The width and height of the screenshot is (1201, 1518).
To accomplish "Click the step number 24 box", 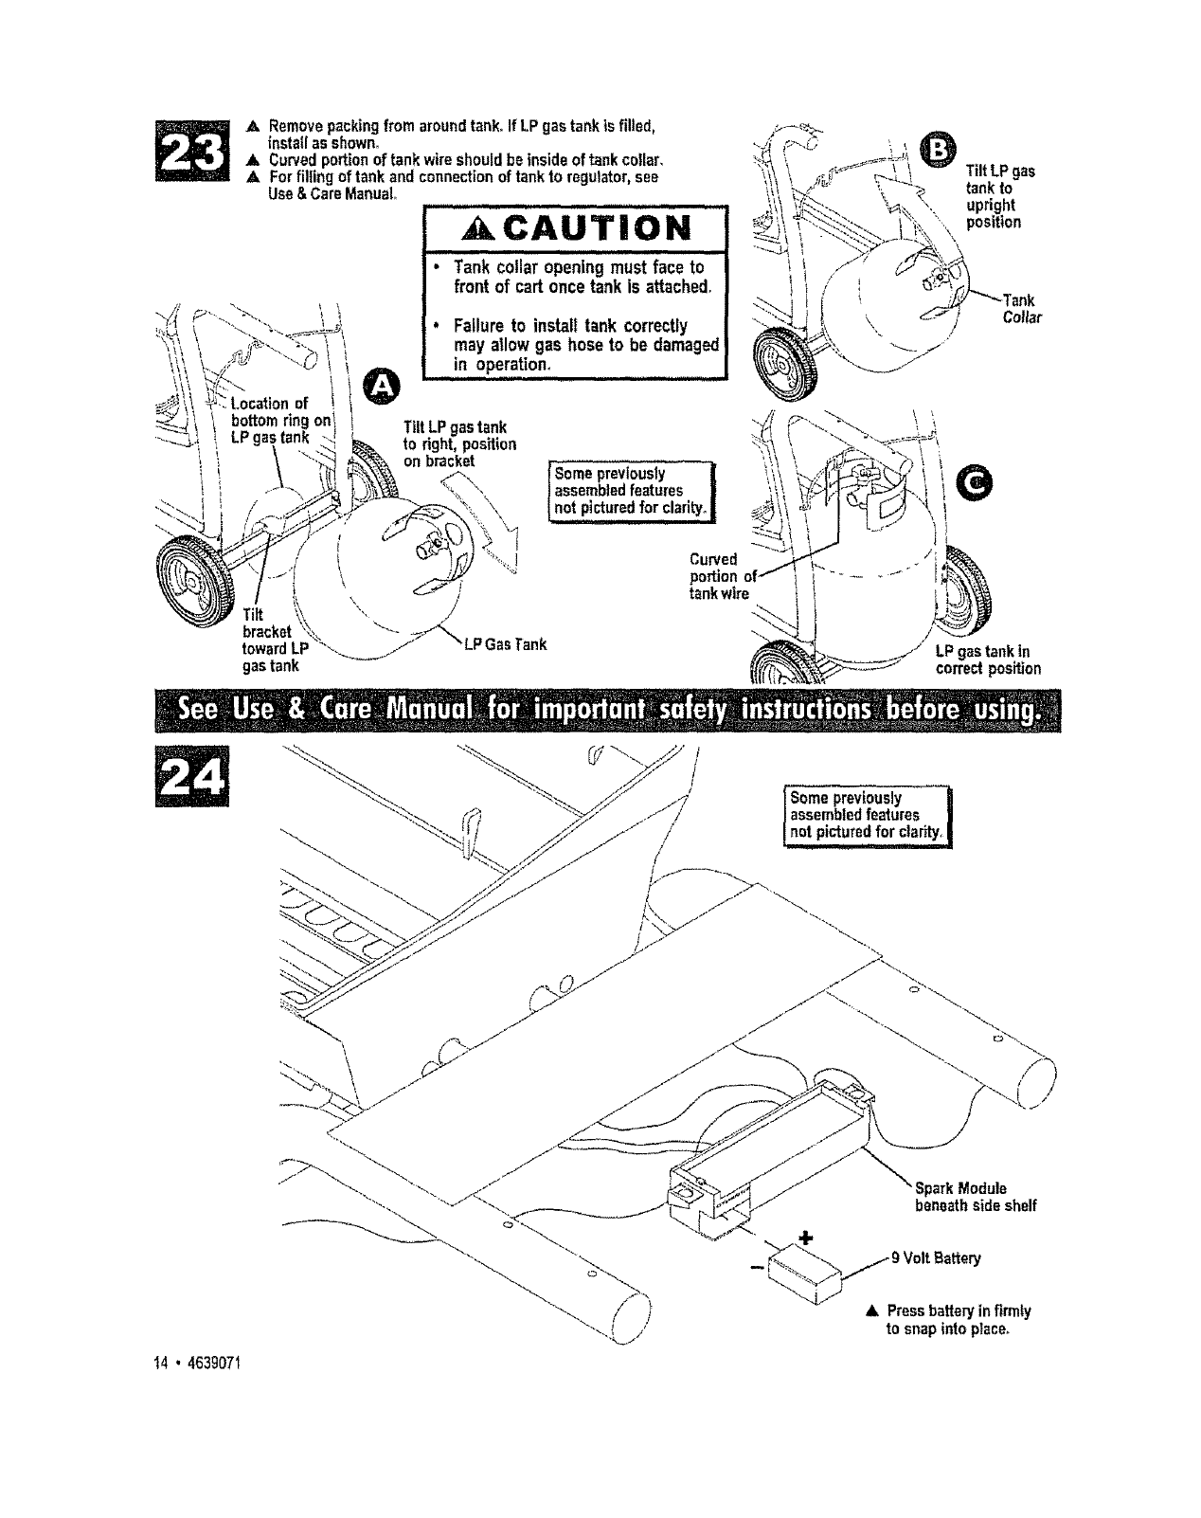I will click(x=192, y=782).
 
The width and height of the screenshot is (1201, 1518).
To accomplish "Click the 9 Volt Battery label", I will click(x=935, y=1258).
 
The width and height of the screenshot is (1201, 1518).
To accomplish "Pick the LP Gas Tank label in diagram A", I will click(x=506, y=645).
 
